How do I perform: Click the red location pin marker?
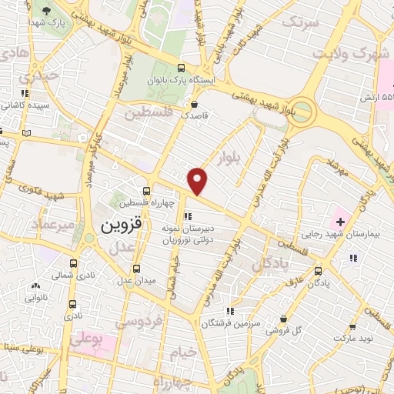pos(199,182)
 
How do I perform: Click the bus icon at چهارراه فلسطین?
pos(146,190)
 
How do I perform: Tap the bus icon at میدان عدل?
pos(137,269)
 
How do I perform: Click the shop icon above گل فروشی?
pos(285,319)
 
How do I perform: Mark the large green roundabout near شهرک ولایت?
pos(302,110)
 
